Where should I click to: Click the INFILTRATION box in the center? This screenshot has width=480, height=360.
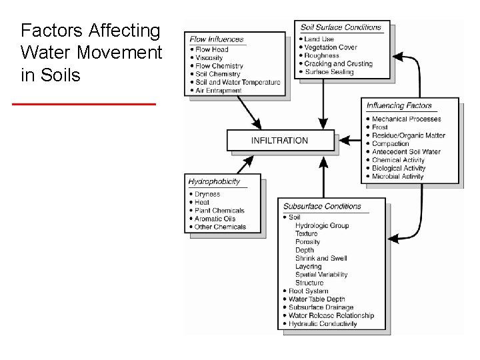[280, 141]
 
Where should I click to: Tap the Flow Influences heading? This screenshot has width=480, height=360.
[217, 39]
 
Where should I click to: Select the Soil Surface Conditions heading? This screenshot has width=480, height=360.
[341, 27]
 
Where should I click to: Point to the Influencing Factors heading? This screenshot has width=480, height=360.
[399, 105]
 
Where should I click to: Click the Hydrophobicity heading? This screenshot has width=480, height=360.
[214, 181]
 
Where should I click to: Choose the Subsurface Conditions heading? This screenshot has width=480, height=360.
[322, 206]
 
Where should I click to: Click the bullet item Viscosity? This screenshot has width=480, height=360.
[209, 58]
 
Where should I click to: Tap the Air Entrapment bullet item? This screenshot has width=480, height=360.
[218, 91]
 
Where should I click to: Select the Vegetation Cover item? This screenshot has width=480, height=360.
[331, 47]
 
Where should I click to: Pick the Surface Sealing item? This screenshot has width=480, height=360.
[329, 72]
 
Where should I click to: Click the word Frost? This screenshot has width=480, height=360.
[380, 127]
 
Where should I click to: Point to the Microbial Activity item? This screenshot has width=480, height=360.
[397, 177]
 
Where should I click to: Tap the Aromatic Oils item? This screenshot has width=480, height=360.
[215, 219]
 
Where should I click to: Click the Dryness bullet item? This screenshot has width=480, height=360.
[207, 194]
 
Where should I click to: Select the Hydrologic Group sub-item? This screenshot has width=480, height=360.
[322, 225]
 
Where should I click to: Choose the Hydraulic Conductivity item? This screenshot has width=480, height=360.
[323, 324]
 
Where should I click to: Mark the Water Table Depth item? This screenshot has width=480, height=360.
[317, 299]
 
